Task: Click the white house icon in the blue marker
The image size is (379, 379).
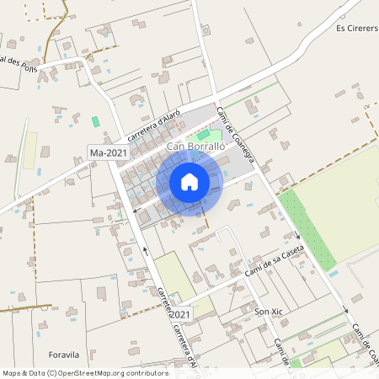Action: pyautogui.click(x=189, y=181)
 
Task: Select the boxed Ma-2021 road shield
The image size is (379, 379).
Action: pyautogui.click(x=108, y=152)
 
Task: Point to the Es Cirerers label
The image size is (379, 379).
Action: pyautogui.click(x=354, y=28)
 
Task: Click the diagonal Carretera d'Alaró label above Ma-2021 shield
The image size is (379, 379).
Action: pyautogui.click(x=154, y=126)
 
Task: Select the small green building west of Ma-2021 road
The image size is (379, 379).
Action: pyautogui.click(x=95, y=121)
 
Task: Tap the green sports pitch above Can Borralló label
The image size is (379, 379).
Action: pyautogui.click(x=204, y=134)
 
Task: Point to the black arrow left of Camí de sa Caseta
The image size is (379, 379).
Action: pyautogui.click(x=146, y=249)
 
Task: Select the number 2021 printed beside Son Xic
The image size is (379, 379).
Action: pyautogui.click(x=183, y=314)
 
